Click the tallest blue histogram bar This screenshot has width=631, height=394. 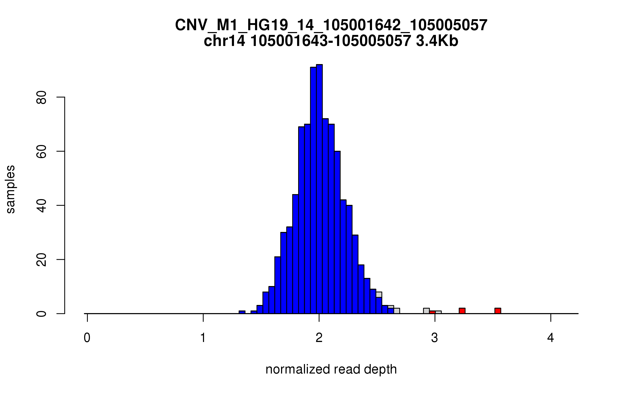(319, 189)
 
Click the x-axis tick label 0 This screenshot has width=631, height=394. (87, 338)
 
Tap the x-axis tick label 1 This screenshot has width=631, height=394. (203, 338)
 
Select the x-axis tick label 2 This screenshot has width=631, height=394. (319, 338)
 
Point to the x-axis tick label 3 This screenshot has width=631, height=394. (435, 338)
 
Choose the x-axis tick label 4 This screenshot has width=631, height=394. (551, 338)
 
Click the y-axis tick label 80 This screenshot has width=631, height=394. (42, 97)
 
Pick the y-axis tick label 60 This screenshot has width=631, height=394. (42, 152)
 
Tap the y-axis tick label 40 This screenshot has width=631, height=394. (42, 206)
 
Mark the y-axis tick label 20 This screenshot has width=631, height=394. (42, 260)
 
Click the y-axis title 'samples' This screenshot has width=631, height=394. (11, 189)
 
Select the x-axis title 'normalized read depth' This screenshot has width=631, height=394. (331, 369)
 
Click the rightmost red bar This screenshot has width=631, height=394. (498, 311)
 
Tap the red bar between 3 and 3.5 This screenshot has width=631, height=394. (462, 311)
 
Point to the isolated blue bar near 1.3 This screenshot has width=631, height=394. (242, 312)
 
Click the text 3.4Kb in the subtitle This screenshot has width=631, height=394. (437, 41)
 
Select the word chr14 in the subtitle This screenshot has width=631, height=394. (224, 41)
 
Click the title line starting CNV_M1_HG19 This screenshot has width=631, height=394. (331, 25)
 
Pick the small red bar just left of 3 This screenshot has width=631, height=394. (432, 312)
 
